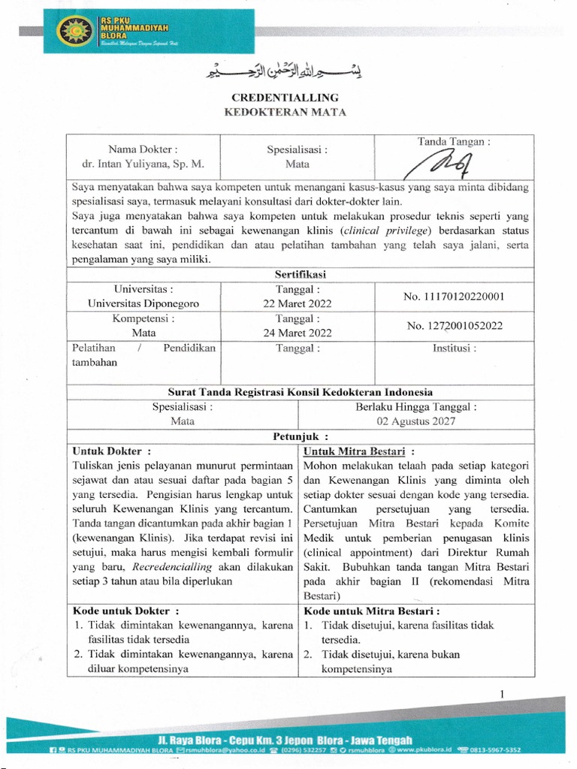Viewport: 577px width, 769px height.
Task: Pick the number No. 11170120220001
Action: click(x=454, y=296)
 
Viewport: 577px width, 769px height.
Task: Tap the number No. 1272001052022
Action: click(x=454, y=326)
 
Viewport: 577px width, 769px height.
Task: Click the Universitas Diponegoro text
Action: click(x=143, y=303)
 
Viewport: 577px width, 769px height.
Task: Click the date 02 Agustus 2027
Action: click(x=415, y=421)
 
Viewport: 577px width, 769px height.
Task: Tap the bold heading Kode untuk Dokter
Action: click(x=125, y=611)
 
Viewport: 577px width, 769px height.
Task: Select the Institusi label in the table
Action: click(x=454, y=348)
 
